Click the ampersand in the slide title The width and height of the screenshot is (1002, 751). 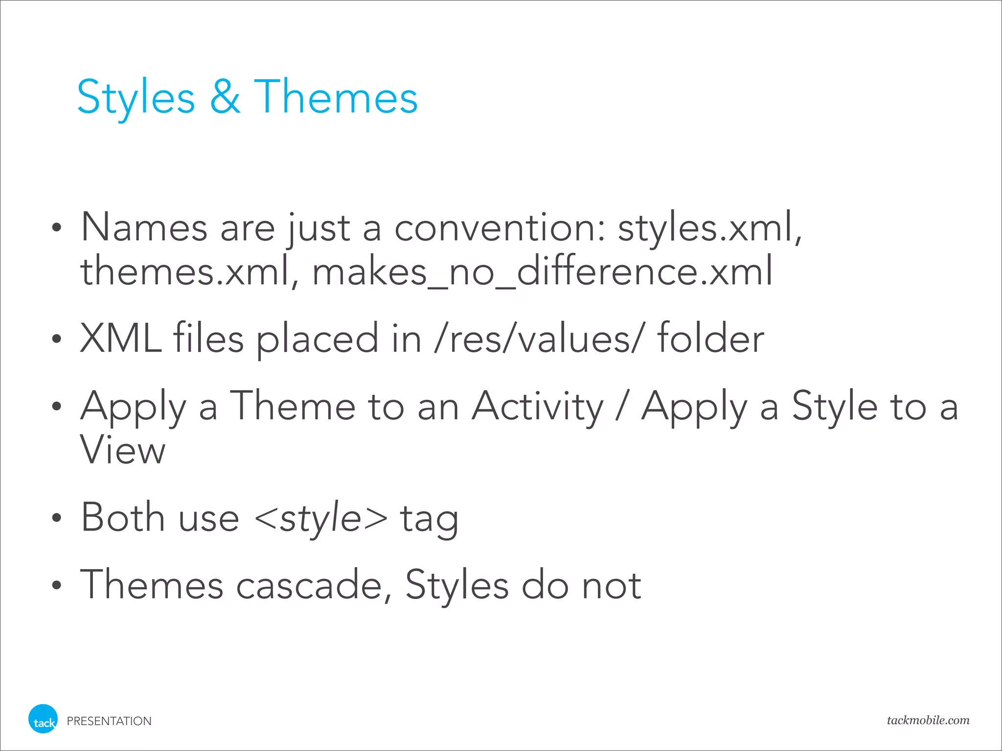[x=225, y=97]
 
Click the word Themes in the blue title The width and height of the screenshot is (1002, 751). [x=336, y=97]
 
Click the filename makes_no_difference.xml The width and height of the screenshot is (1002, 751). [x=542, y=272]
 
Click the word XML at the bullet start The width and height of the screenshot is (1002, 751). [x=120, y=338]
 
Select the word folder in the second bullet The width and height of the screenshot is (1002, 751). [x=710, y=338]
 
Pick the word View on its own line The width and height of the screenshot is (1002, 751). [x=123, y=450]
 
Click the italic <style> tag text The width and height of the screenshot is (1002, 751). [x=321, y=518]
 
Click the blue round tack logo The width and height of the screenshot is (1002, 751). [x=43, y=719]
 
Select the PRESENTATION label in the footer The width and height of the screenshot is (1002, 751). [x=109, y=721]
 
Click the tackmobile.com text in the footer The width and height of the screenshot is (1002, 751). [x=928, y=720]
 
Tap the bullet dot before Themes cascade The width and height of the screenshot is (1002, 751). [x=57, y=585]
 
